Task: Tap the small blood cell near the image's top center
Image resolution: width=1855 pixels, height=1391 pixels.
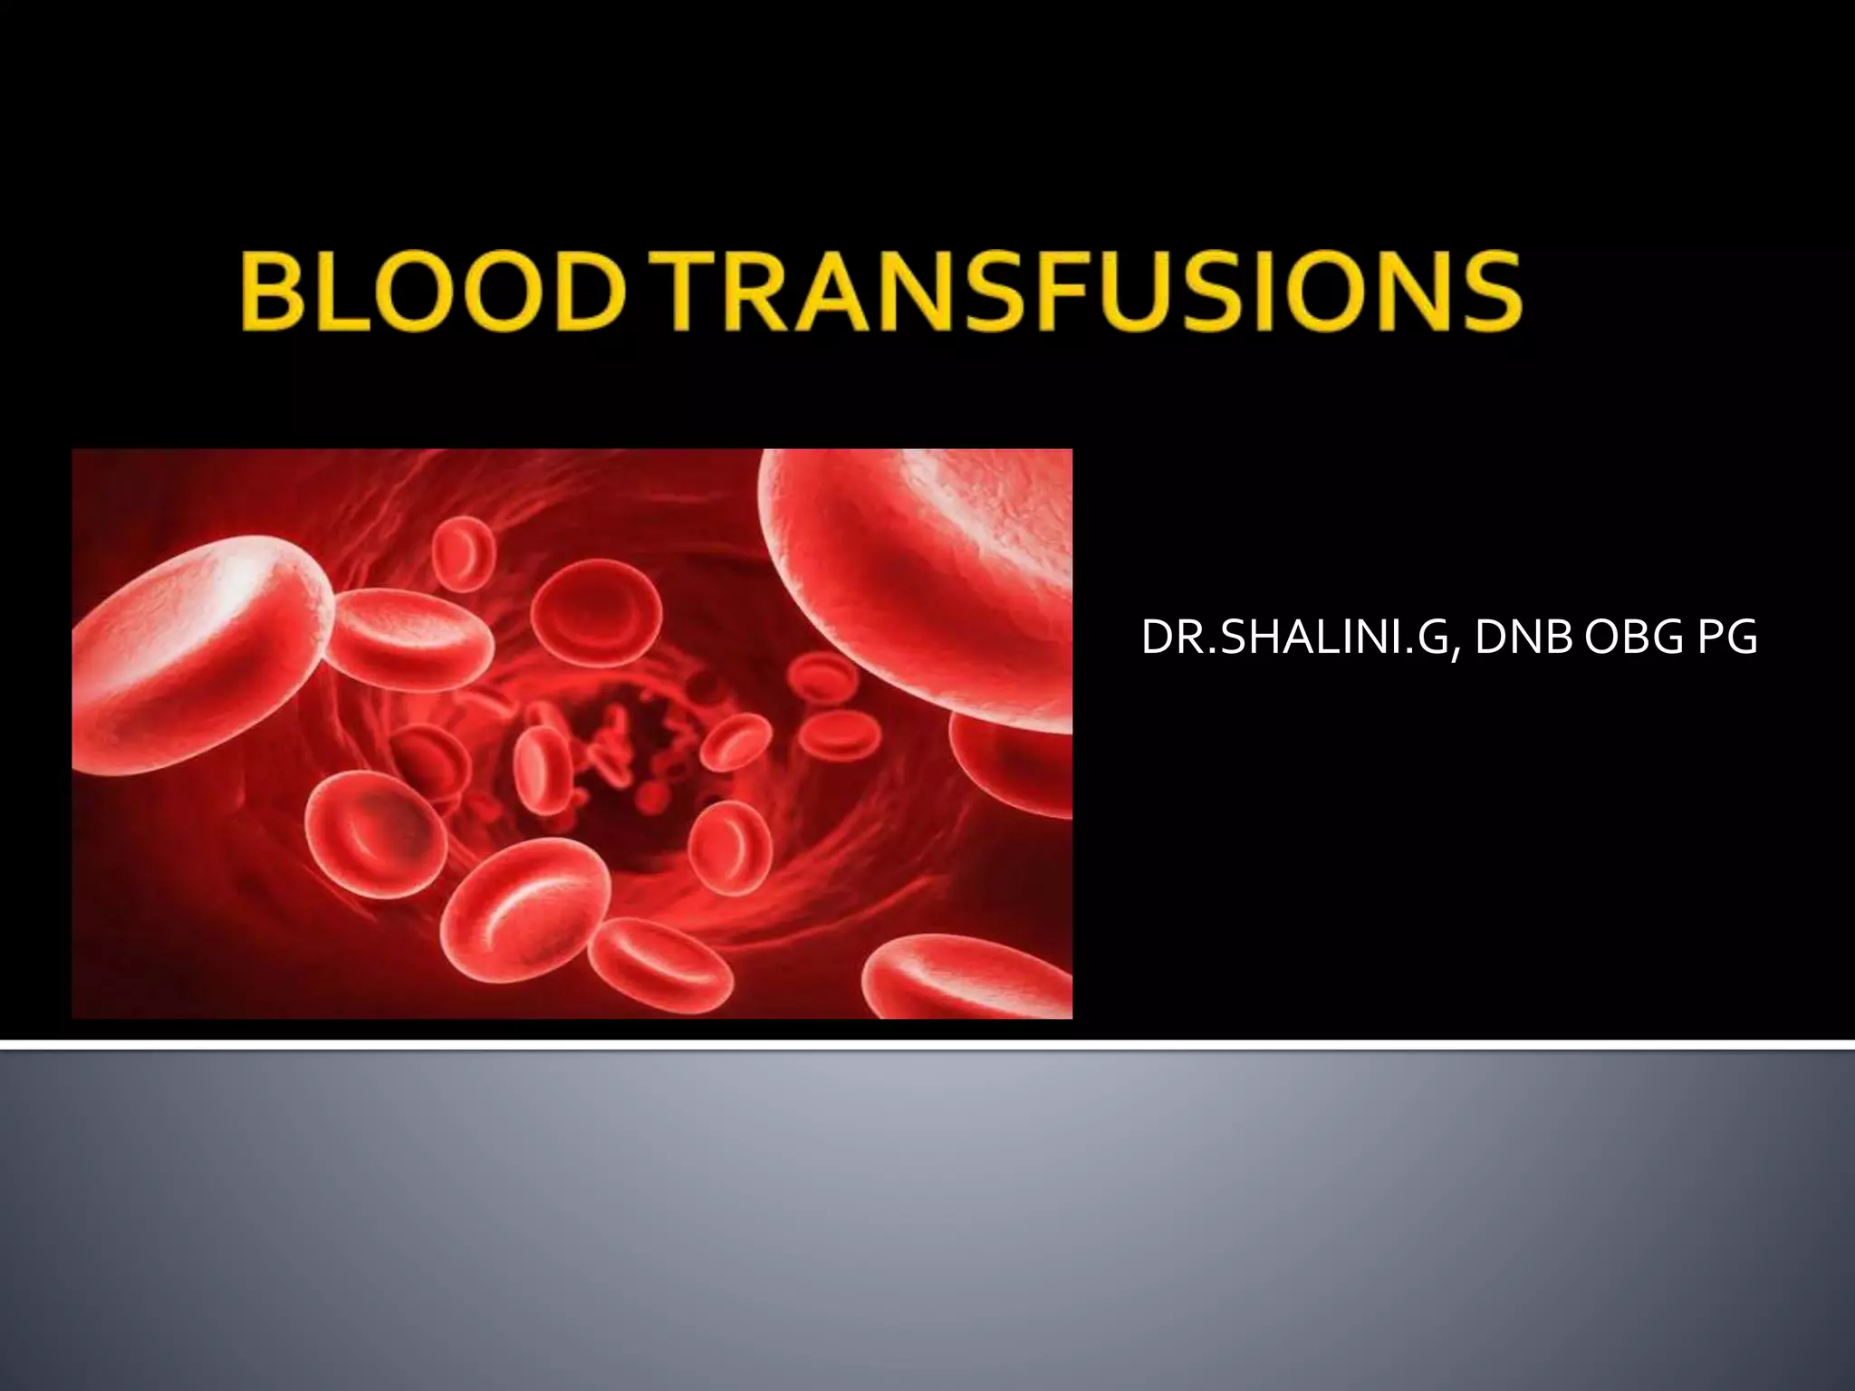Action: (x=464, y=552)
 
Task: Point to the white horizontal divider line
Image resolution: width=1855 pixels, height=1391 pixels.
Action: (x=927, y=1046)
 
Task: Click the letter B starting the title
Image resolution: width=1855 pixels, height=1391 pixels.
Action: (x=272, y=290)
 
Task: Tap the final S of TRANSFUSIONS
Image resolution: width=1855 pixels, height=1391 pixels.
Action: (x=1490, y=290)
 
